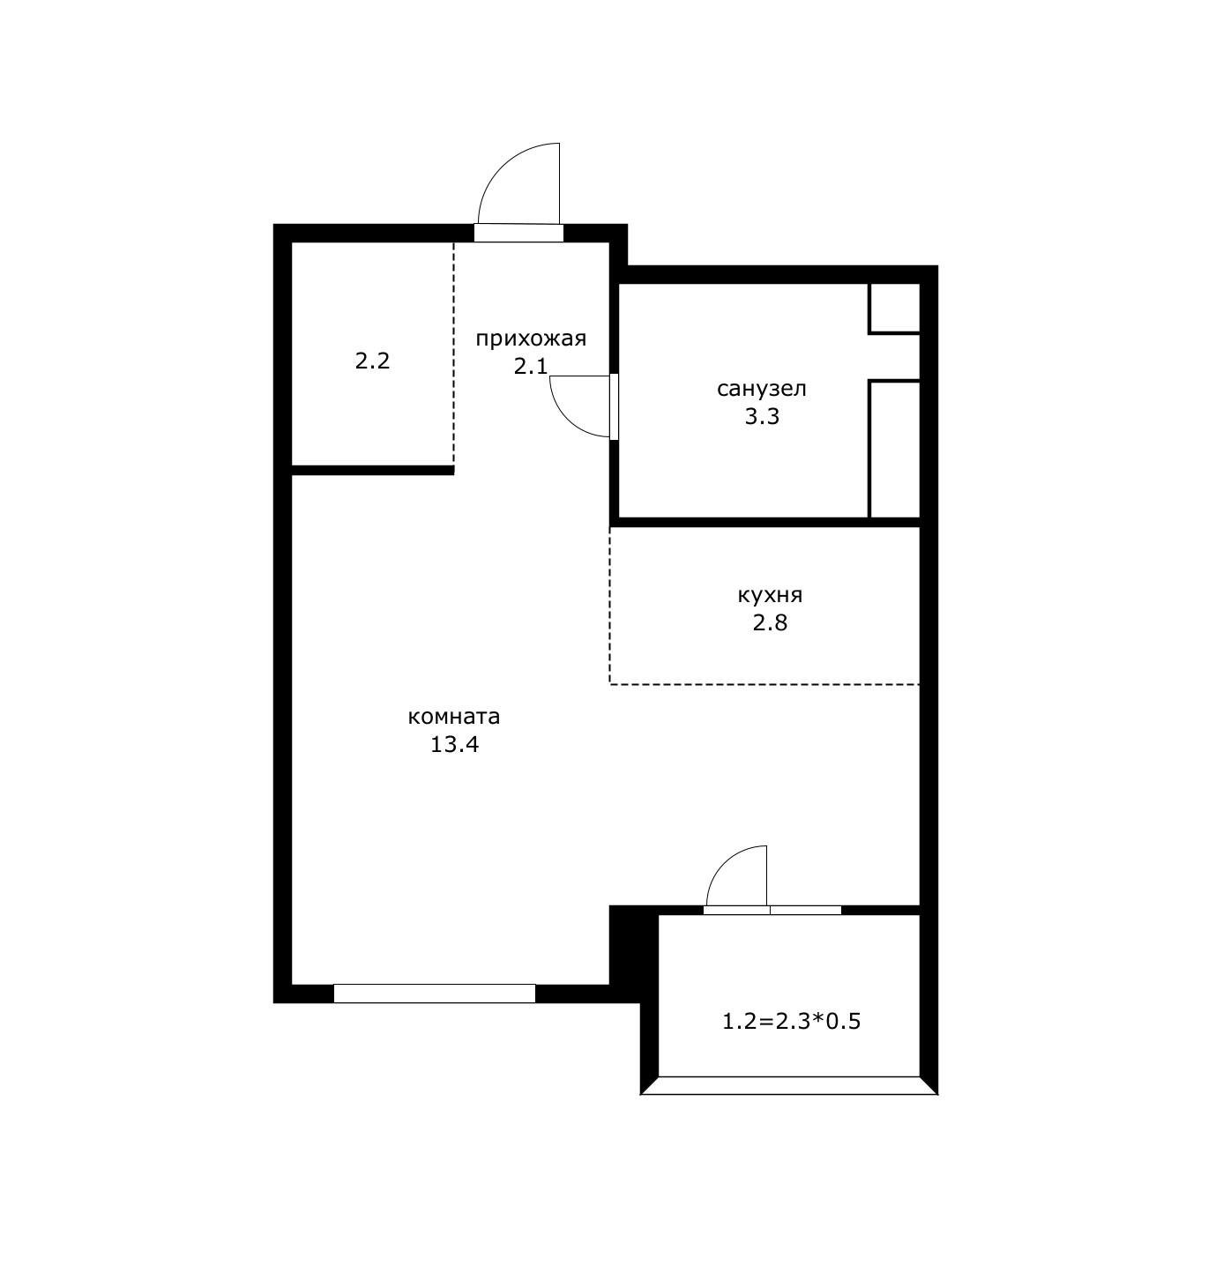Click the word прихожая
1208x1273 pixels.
[x=531, y=339]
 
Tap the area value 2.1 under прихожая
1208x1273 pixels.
[x=531, y=367]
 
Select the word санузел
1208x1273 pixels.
[x=761, y=389]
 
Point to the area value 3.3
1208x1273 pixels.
[x=762, y=416]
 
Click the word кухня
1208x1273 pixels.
[x=770, y=596]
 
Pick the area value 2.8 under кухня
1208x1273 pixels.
[x=770, y=623]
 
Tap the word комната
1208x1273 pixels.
[x=454, y=718]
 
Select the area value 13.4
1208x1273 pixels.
[x=454, y=745]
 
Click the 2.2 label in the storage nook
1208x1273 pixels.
[x=372, y=361]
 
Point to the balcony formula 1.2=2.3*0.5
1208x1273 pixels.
[x=791, y=1022]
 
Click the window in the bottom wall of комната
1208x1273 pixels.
[x=435, y=994]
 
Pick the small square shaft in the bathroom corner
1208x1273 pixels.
[x=894, y=309]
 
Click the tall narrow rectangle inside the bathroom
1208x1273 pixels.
[x=894, y=450]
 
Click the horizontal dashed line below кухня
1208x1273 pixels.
[x=764, y=684]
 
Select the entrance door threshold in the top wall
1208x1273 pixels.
[x=518, y=233]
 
